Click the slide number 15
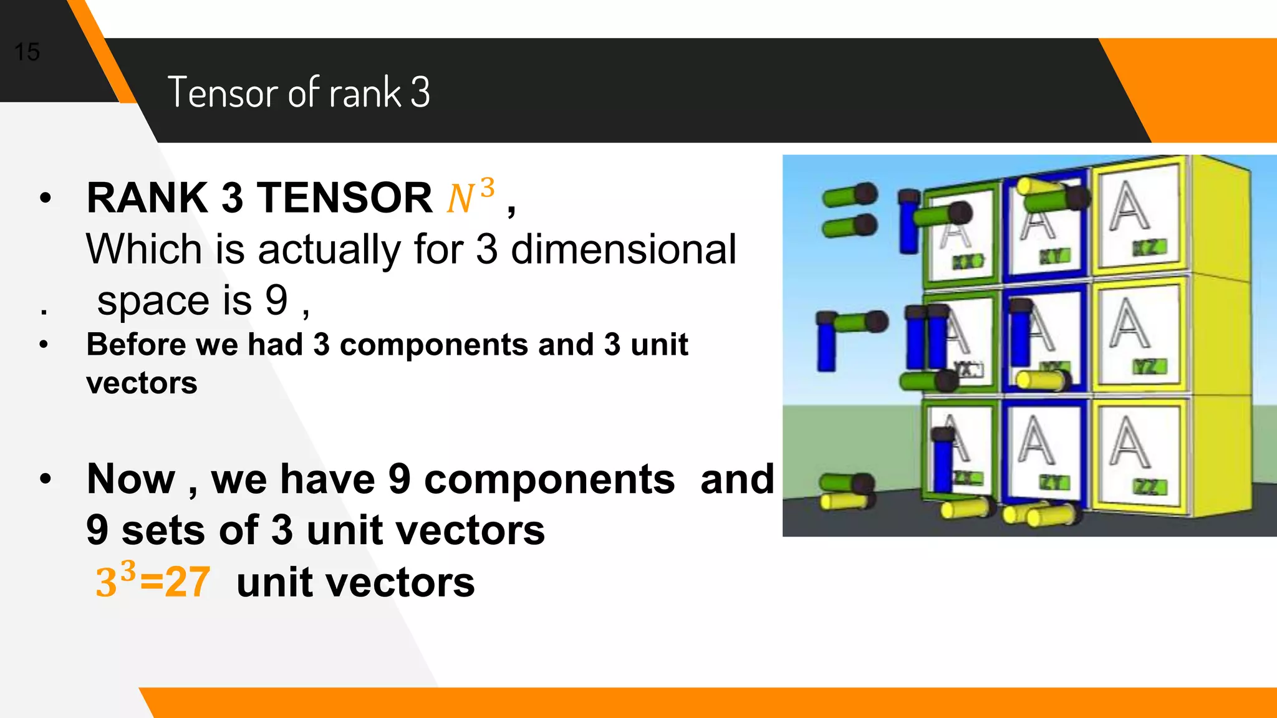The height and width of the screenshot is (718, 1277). tap(27, 52)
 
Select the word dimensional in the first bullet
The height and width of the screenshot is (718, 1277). tap(624, 249)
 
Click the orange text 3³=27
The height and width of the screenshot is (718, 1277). tap(153, 582)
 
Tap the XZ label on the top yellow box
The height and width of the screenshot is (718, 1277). tap(1149, 248)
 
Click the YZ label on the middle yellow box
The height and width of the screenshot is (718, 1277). tap(1149, 367)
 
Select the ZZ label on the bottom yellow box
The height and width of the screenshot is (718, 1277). tap(1149, 487)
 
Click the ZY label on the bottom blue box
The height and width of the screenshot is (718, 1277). tap(1054, 482)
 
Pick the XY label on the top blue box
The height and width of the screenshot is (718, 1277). tap(1054, 256)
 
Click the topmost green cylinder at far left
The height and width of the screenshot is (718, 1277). tap(849, 196)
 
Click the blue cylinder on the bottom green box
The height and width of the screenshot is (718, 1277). tap(942, 461)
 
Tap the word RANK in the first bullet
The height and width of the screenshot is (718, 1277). tap(147, 198)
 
